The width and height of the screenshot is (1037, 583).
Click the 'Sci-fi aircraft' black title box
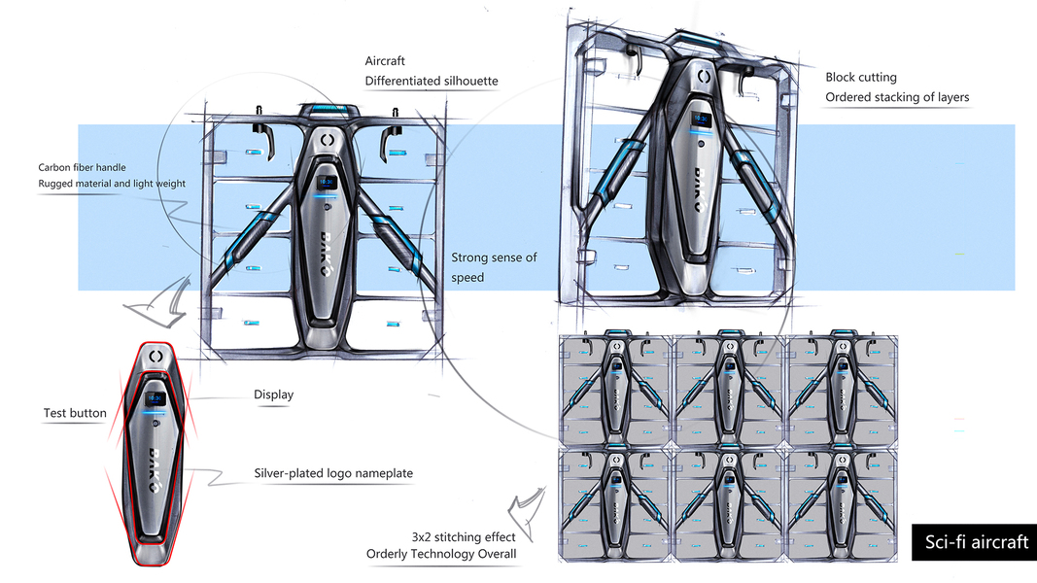point(973,542)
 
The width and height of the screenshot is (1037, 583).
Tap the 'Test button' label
point(75,413)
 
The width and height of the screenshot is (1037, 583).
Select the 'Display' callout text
point(273,394)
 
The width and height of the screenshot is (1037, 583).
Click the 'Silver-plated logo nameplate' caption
point(333,473)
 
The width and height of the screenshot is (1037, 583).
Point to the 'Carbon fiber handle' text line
point(83,167)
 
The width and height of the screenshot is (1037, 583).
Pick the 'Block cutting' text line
point(861,77)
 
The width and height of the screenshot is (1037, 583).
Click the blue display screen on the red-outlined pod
point(155,398)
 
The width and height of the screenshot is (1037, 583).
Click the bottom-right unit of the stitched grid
point(844,501)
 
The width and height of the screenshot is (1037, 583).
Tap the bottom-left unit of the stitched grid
point(616,501)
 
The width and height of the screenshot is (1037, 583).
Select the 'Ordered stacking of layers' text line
point(897,97)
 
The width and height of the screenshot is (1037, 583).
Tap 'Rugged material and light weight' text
point(112,184)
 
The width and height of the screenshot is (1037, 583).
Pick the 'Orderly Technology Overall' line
point(441,554)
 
